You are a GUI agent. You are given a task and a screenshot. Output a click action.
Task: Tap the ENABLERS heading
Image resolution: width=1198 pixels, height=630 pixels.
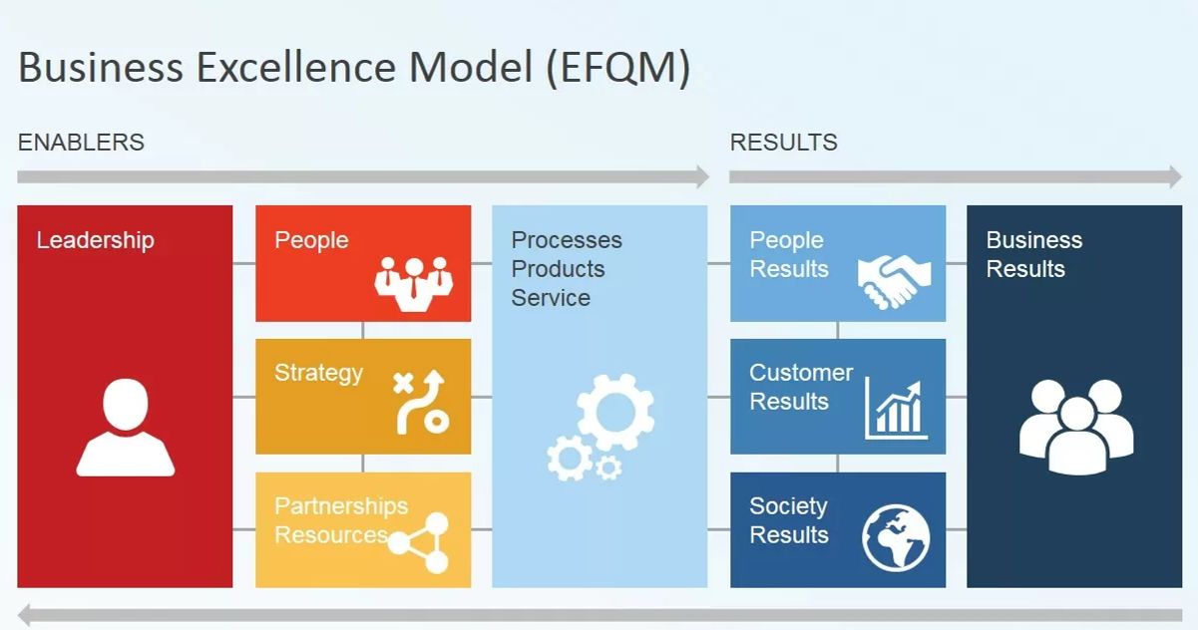[81, 143]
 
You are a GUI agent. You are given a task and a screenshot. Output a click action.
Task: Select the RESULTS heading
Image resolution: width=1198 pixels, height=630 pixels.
[783, 143]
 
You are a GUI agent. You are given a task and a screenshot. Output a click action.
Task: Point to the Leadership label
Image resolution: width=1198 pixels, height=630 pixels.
[95, 240]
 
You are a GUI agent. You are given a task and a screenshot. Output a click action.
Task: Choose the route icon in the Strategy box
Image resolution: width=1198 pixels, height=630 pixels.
[419, 402]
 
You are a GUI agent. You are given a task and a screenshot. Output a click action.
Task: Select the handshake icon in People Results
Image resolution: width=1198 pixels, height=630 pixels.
[894, 280]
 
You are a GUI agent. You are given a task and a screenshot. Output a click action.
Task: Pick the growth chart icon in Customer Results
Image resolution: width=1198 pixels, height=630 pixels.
[896, 408]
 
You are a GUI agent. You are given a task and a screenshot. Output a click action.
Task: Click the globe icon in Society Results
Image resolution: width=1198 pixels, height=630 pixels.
[896, 538]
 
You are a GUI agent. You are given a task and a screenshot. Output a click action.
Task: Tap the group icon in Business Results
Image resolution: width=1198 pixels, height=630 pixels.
[1076, 426]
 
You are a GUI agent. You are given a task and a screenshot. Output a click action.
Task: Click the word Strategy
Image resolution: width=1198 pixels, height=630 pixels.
[318, 373]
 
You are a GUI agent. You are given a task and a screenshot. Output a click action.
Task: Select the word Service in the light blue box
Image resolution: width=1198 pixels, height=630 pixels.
[551, 298]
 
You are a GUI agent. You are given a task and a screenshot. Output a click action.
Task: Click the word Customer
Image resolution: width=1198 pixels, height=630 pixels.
[801, 373]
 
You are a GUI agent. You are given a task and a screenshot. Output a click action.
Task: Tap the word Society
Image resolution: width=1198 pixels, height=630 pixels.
[788, 505]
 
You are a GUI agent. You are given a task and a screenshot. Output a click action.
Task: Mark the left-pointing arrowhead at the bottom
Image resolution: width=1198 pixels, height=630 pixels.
[28, 615]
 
